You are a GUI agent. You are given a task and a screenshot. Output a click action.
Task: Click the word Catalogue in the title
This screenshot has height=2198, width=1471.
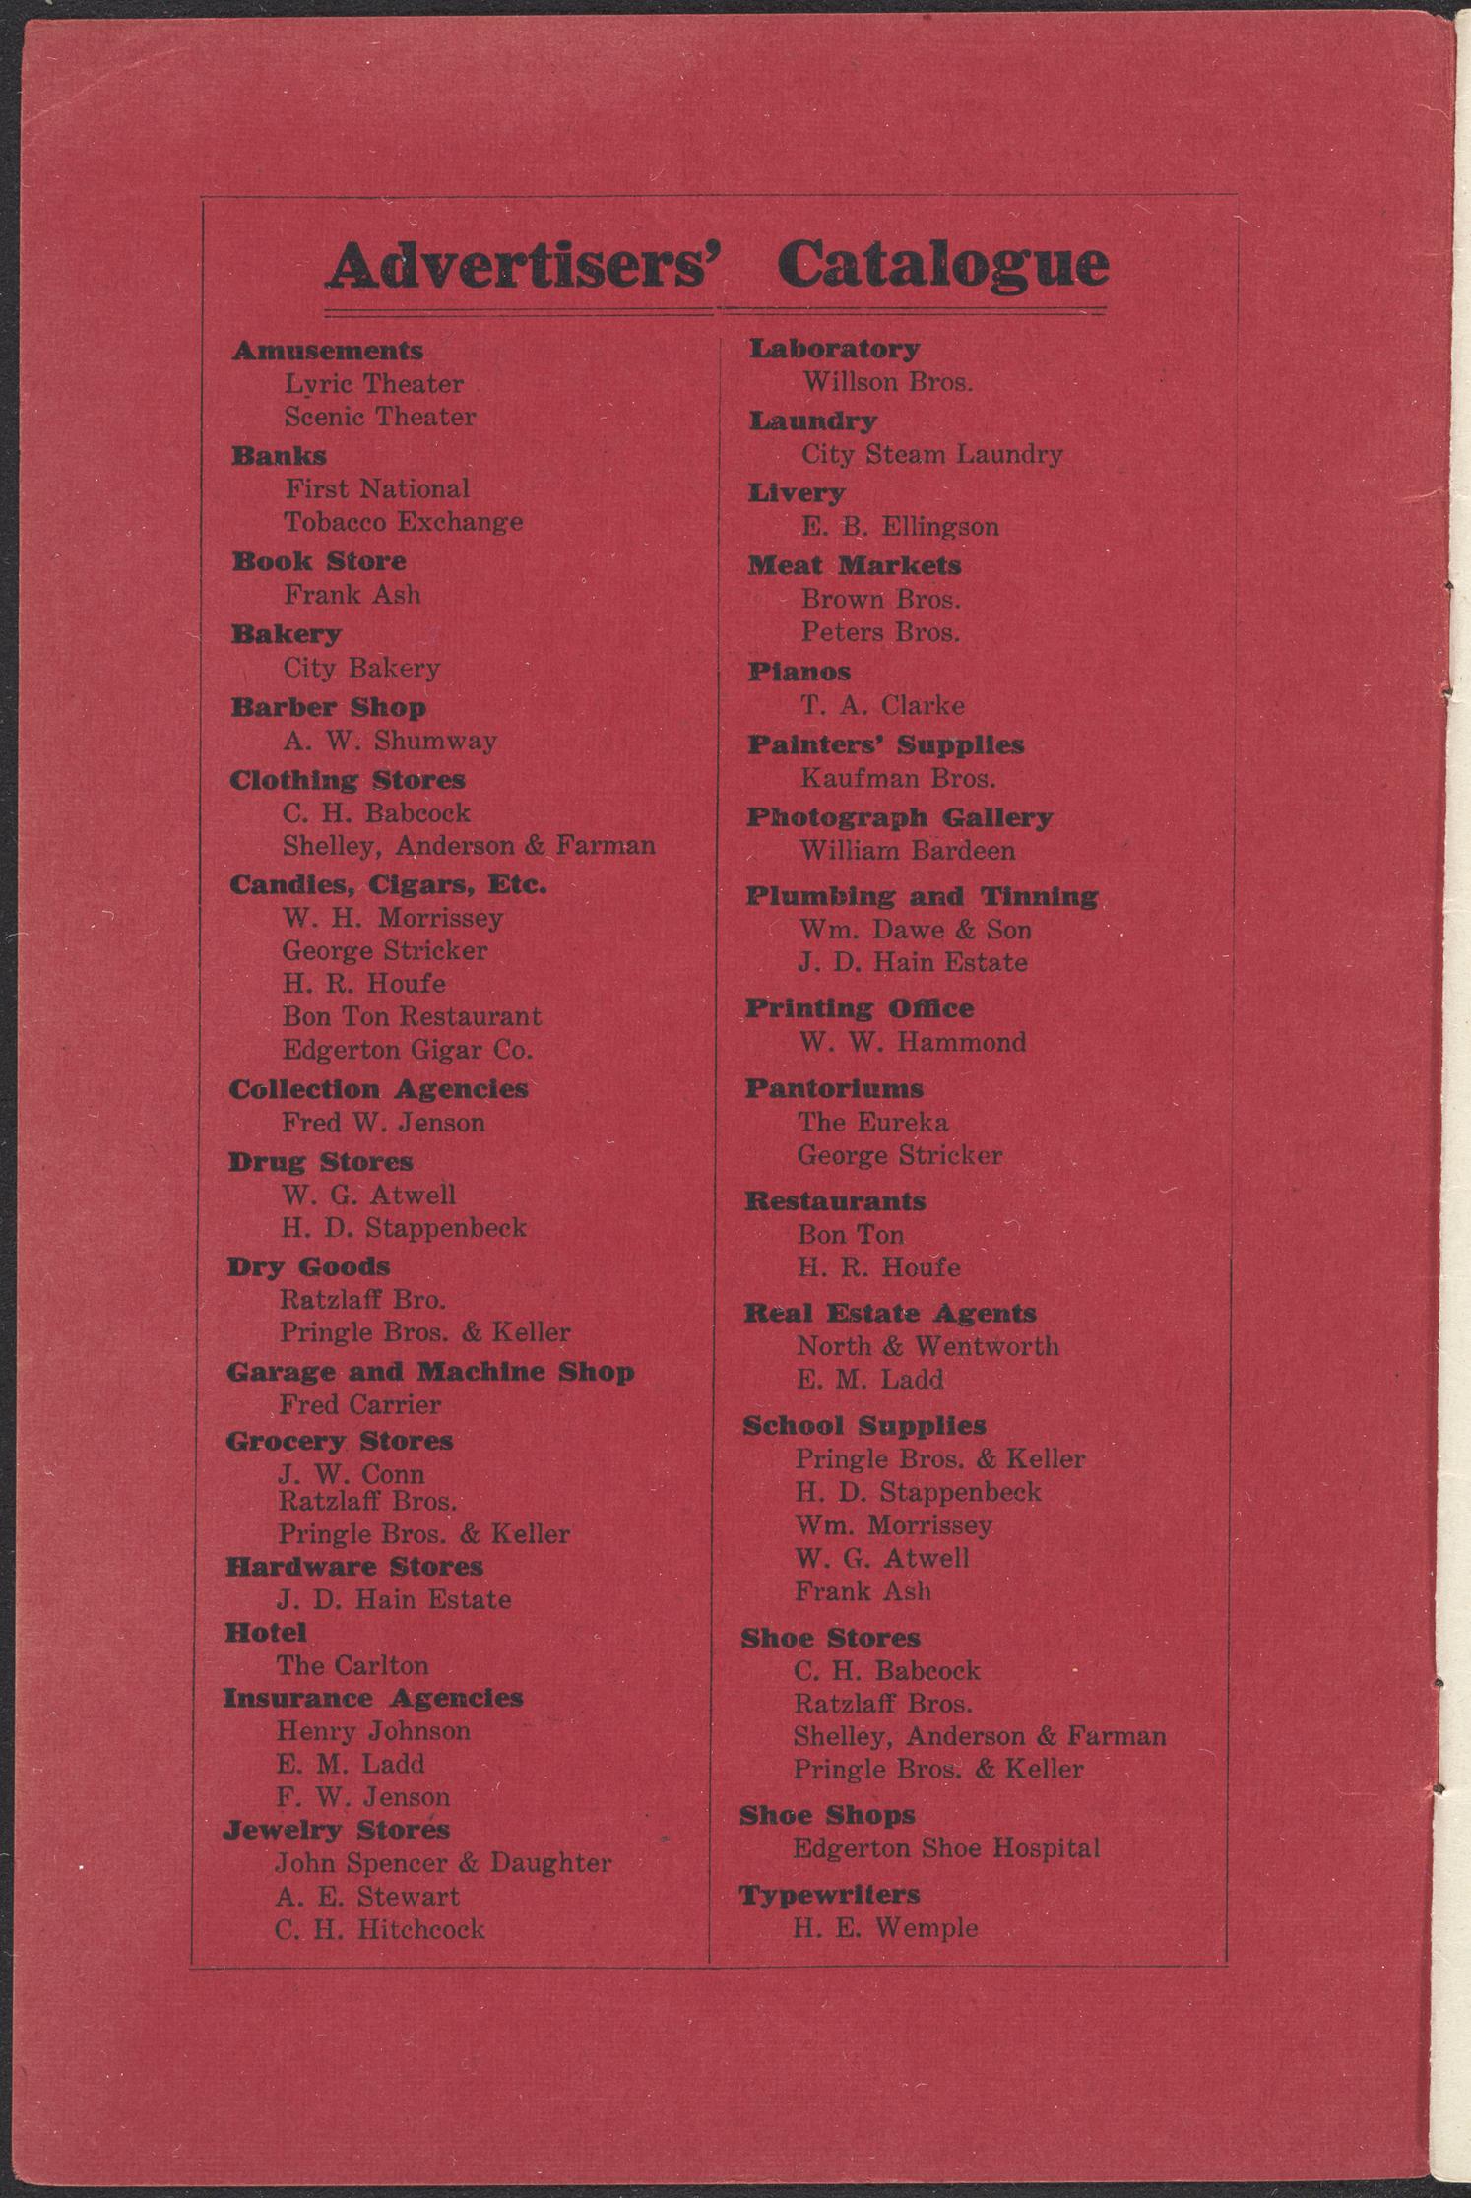[943, 264]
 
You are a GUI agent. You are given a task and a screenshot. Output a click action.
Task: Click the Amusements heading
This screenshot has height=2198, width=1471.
[328, 351]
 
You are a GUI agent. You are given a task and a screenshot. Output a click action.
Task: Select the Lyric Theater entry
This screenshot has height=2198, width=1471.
[374, 384]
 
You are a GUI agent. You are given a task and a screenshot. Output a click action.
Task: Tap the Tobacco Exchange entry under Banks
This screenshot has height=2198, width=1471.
[404, 522]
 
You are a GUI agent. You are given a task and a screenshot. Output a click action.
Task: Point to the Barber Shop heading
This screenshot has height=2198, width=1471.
[328, 707]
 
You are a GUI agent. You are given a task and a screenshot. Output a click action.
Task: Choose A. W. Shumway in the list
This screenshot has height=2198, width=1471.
[390, 741]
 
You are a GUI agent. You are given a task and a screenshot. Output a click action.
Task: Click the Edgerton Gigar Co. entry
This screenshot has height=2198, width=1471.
[408, 1050]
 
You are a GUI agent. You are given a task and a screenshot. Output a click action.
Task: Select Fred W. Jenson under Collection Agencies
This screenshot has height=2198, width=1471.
[383, 1123]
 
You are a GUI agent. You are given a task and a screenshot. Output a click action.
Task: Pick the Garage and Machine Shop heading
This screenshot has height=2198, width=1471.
[430, 1372]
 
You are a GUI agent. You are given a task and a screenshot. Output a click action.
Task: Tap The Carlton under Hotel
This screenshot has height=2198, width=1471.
[352, 1665]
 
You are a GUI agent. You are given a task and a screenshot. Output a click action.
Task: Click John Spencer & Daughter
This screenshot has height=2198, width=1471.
[443, 1863]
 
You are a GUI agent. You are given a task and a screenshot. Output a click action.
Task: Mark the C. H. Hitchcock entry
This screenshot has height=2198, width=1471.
[380, 1929]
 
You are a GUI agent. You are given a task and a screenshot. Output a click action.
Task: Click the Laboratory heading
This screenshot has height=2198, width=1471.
[835, 348]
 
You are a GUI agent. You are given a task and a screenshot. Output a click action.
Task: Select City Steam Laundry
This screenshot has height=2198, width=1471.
[931, 455]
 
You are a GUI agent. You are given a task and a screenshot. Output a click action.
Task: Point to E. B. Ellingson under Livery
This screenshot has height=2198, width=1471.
[900, 527]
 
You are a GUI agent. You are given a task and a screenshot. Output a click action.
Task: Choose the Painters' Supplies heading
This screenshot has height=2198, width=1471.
[885, 744]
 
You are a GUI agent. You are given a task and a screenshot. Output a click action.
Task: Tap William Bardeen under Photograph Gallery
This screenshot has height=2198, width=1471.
[907, 851]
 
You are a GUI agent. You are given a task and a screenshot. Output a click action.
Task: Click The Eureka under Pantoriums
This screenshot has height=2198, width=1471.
[872, 1122]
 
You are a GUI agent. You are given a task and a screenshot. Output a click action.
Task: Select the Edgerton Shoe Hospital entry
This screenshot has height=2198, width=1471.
[946, 1848]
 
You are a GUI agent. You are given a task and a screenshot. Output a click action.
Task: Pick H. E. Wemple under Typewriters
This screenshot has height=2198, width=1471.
[885, 1928]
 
